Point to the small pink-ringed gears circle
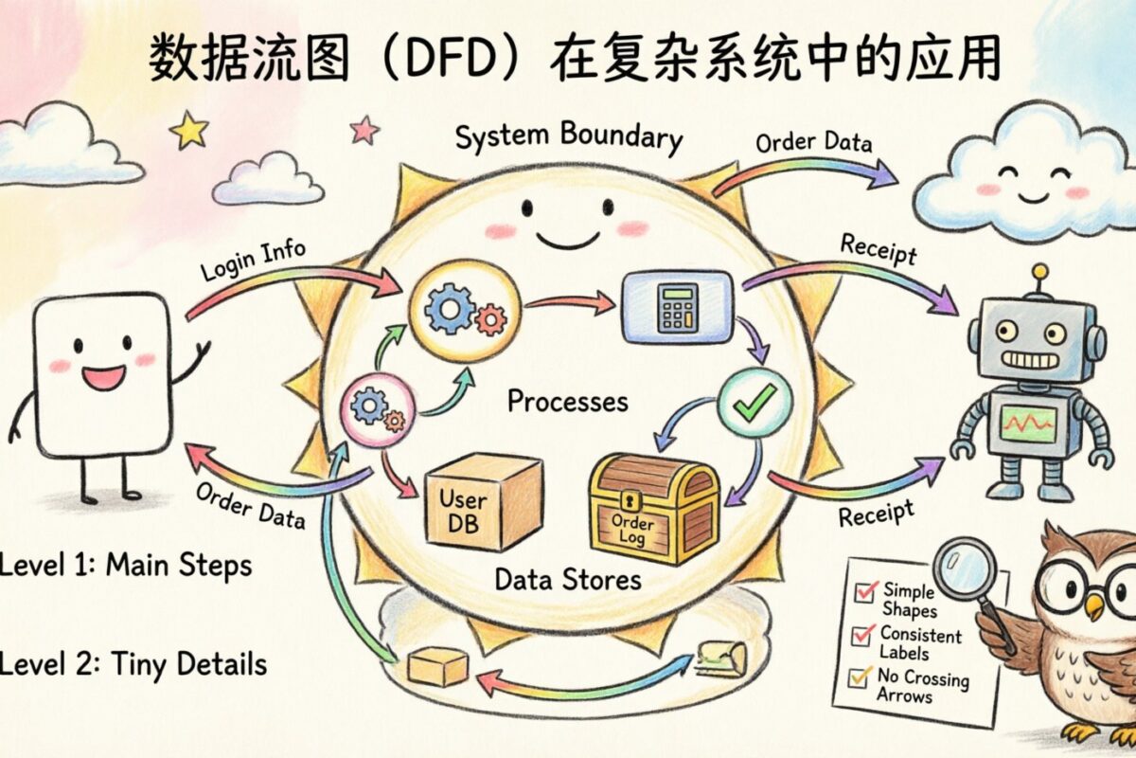tap(378, 409)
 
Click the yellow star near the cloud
tap(189, 130)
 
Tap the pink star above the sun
tap(364, 129)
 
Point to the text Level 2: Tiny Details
tap(133, 663)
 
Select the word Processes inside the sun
tap(567, 401)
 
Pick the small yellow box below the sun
tap(437, 667)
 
